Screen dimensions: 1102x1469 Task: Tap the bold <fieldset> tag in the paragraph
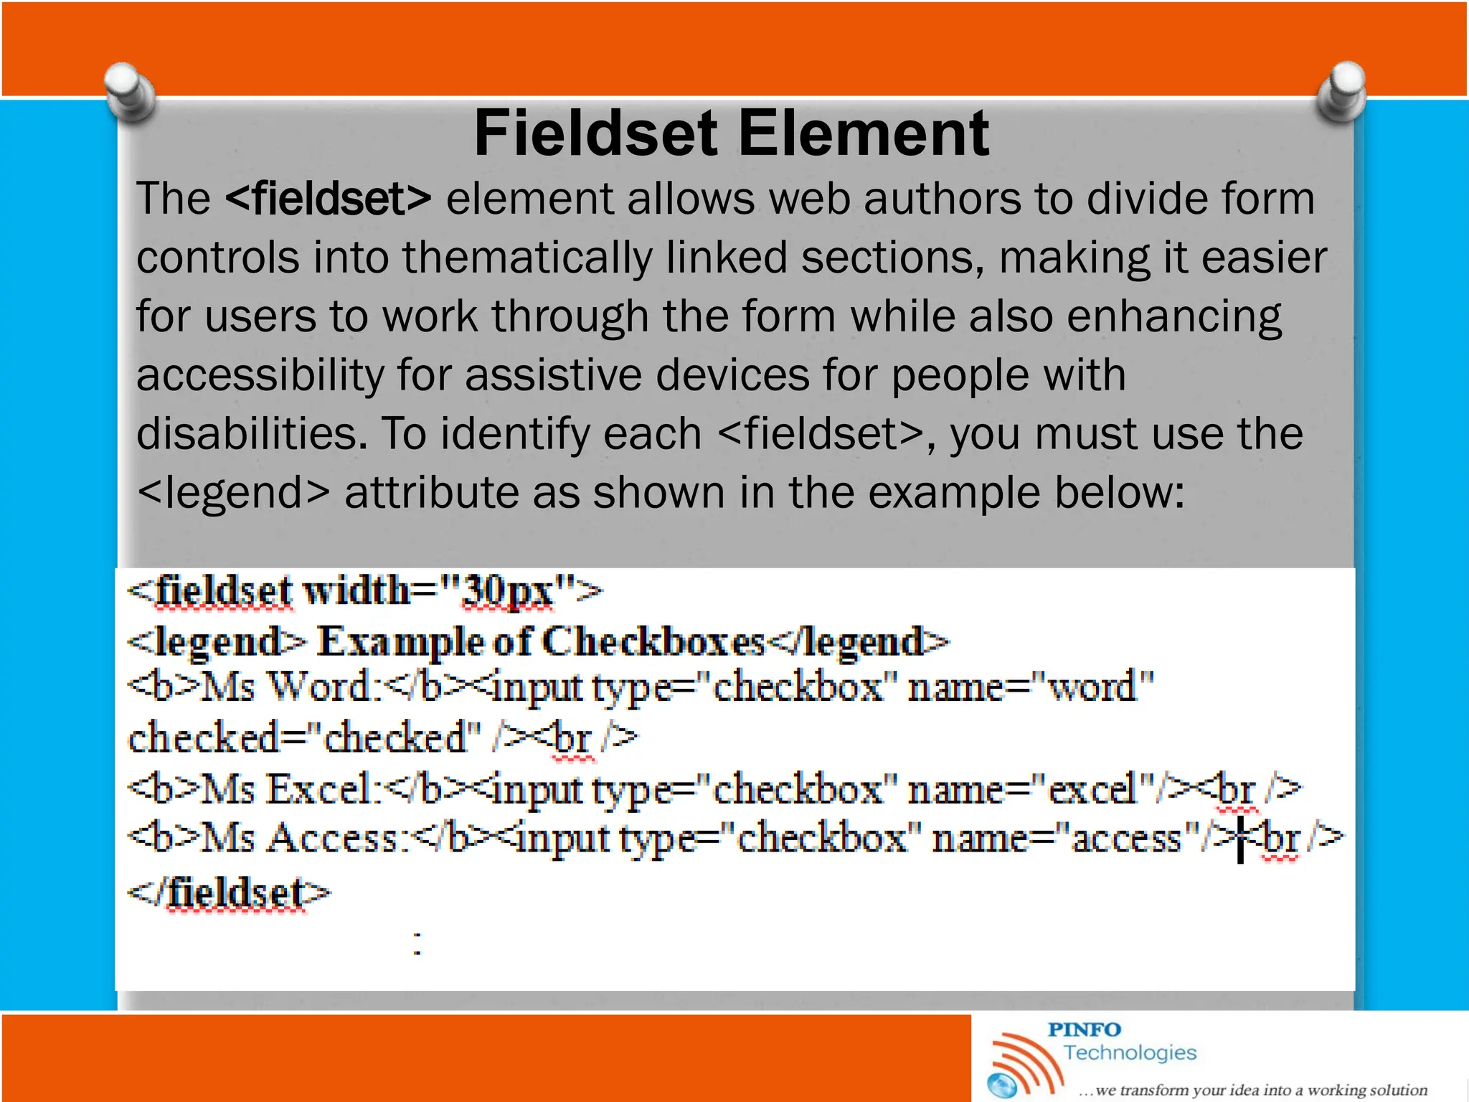pyautogui.click(x=329, y=199)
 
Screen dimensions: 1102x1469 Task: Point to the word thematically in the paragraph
pyautogui.click(x=527, y=258)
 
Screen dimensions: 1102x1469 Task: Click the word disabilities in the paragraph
pyautogui.click(x=251, y=434)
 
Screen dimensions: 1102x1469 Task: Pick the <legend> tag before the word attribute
pyautogui.click(x=233, y=493)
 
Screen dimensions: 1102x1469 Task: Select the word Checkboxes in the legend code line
pyautogui.click(x=653, y=641)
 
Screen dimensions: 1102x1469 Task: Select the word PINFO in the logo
pyautogui.click(x=1084, y=1030)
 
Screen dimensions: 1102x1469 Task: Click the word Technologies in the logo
pyautogui.click(x=1130, y=1052)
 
